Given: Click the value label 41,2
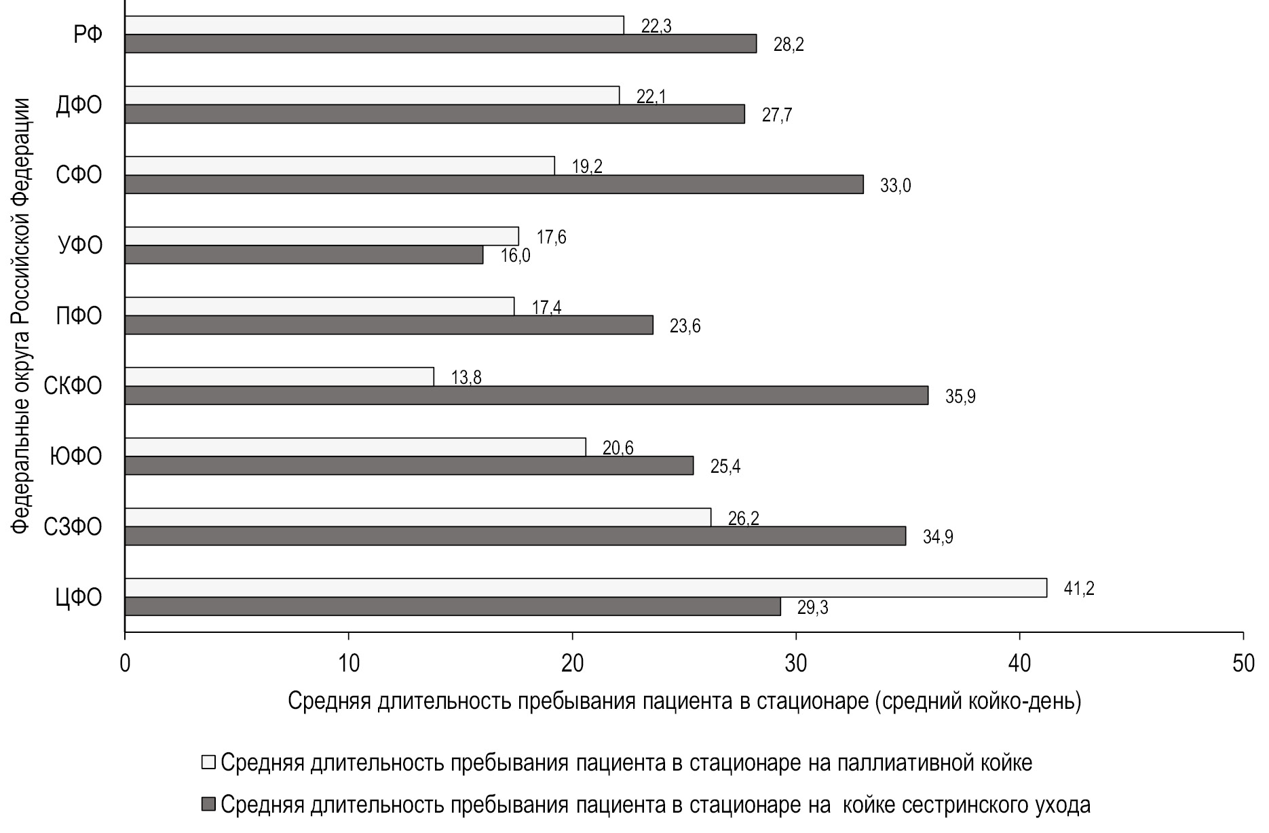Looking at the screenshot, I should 1079,588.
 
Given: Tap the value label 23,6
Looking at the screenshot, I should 685,326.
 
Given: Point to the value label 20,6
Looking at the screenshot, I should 618,448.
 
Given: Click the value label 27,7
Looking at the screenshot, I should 777,115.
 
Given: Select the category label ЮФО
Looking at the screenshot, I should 76,457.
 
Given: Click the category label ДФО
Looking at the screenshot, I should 79,105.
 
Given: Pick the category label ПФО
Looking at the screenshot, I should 79,316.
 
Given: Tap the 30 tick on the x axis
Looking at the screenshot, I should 795,663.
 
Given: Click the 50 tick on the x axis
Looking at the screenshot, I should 1243,663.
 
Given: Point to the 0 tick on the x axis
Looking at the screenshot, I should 125,663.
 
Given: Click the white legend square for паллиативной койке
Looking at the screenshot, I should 208,762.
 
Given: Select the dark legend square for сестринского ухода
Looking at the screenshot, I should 208,805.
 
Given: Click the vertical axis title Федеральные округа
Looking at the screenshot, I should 22,316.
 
